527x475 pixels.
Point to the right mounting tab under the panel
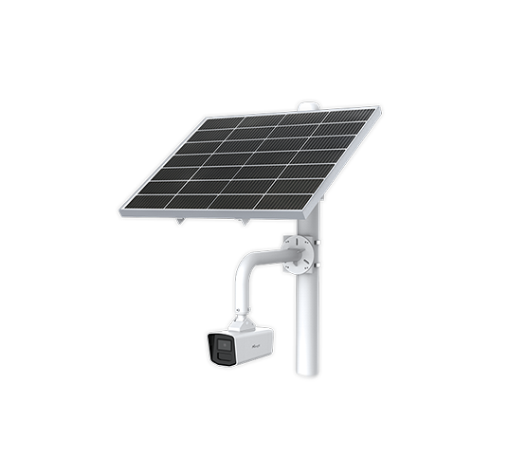(x=244, y=222)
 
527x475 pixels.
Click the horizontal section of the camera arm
(x=270, y=253)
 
